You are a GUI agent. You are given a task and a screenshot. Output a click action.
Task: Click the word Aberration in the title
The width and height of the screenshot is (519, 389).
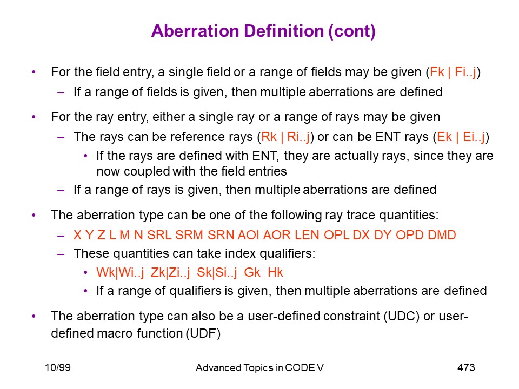click(x=195, y=31)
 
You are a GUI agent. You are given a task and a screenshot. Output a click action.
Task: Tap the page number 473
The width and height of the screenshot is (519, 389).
click(x=466, y=367)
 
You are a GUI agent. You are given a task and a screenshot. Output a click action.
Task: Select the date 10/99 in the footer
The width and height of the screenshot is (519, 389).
click(x=58, y=367)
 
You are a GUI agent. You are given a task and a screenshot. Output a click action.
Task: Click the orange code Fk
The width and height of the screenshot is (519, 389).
click(x=437, y=72)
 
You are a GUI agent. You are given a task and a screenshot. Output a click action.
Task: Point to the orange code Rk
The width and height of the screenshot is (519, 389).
click(x=269, y=137)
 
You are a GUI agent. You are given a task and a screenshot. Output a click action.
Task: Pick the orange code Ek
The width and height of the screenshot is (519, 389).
click(x=444, y=137)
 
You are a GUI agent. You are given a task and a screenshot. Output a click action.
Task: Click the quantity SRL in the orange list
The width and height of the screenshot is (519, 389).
click(x=159, y=235)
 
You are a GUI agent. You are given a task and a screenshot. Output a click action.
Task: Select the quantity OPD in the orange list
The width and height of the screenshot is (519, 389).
click(x=409, y=235)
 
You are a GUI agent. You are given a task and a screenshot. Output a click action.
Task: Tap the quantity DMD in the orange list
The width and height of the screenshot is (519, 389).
click(x=442, y=235)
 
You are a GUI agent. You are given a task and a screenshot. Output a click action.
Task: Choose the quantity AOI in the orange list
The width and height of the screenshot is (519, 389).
click(x=249, y=235)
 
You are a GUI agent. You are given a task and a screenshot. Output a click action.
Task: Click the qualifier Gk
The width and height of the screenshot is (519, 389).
click(x=252, y=272)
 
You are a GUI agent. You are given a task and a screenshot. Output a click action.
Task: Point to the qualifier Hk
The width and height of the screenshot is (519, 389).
click(x=275, y=272)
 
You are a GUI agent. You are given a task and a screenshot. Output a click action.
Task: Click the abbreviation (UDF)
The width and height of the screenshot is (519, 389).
click(x=203, y=333)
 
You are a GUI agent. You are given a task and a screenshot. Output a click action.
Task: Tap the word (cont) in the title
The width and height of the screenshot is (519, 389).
click(x=352, y=31)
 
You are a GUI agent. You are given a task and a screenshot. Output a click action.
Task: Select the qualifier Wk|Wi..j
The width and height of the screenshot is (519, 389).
click(x=120, y=273)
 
